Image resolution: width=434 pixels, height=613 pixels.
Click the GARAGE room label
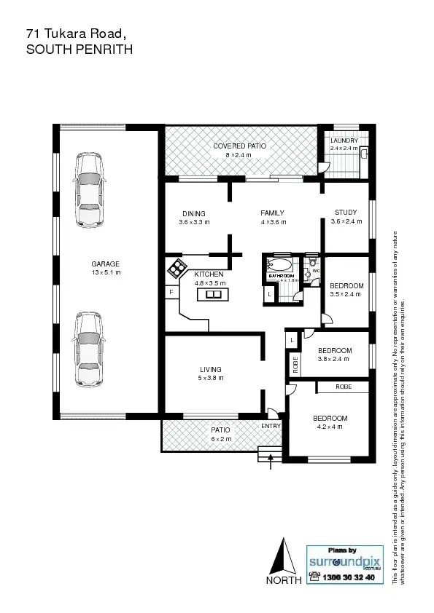point(105,264)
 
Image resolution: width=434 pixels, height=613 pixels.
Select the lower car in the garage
point(88,350)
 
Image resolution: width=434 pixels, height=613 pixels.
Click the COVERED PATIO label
point(239,146)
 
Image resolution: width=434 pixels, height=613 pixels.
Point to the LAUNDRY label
point(344,141)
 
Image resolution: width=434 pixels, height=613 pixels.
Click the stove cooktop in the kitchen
point(177,269)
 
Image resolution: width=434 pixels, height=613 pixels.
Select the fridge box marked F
point(171,292)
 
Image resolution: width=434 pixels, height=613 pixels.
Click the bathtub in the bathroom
point(279,265)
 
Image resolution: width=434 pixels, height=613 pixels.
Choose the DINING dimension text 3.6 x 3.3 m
point(194,222)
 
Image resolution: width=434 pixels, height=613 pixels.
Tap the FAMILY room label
point(272,213)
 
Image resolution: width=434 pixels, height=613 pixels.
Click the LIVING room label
point(210,370)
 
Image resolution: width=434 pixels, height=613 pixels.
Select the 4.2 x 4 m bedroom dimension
point(330,427)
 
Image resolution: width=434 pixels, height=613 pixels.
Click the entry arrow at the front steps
point(271,457)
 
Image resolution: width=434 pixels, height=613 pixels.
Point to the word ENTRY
point(271,426)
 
